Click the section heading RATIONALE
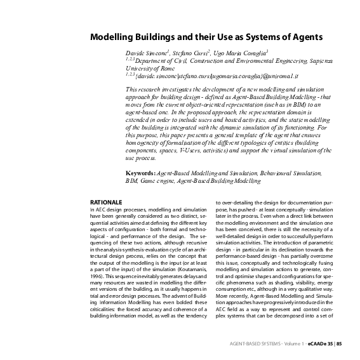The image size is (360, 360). click(106, 201)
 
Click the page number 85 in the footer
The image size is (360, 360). click(340, 343)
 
